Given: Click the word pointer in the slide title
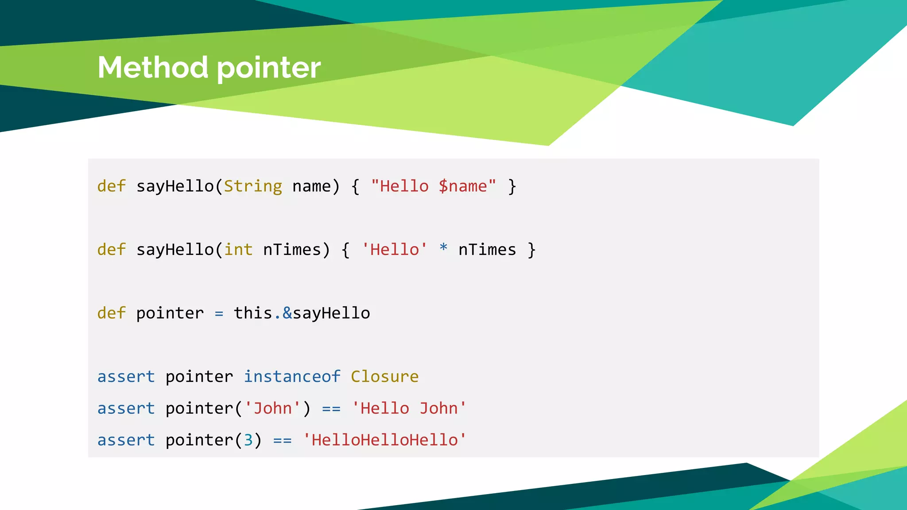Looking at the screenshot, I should pos(269,69).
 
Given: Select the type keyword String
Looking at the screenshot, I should pos(253,186).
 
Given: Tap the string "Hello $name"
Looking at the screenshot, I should pos(434,186).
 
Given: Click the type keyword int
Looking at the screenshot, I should pos(238,250).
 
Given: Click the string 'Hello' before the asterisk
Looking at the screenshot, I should pos(394,250).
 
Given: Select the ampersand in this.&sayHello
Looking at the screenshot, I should pos(287,313).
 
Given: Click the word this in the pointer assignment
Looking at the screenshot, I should pos(253,313).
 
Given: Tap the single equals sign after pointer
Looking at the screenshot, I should pos(219,314).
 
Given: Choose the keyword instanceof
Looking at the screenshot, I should pos(292,377).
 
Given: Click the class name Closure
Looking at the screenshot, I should pos(384,377).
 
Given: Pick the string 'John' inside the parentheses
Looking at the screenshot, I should pos(272,408).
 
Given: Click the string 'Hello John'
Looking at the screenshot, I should pos(409,408).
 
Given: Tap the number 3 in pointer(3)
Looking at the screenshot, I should pos(248,440).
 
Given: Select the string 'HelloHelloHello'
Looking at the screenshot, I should pos(384,440).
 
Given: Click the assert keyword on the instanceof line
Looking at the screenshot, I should pos(126,377).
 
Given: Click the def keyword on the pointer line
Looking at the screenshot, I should pos(112,313).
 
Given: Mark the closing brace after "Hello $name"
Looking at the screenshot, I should pos(512,186).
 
